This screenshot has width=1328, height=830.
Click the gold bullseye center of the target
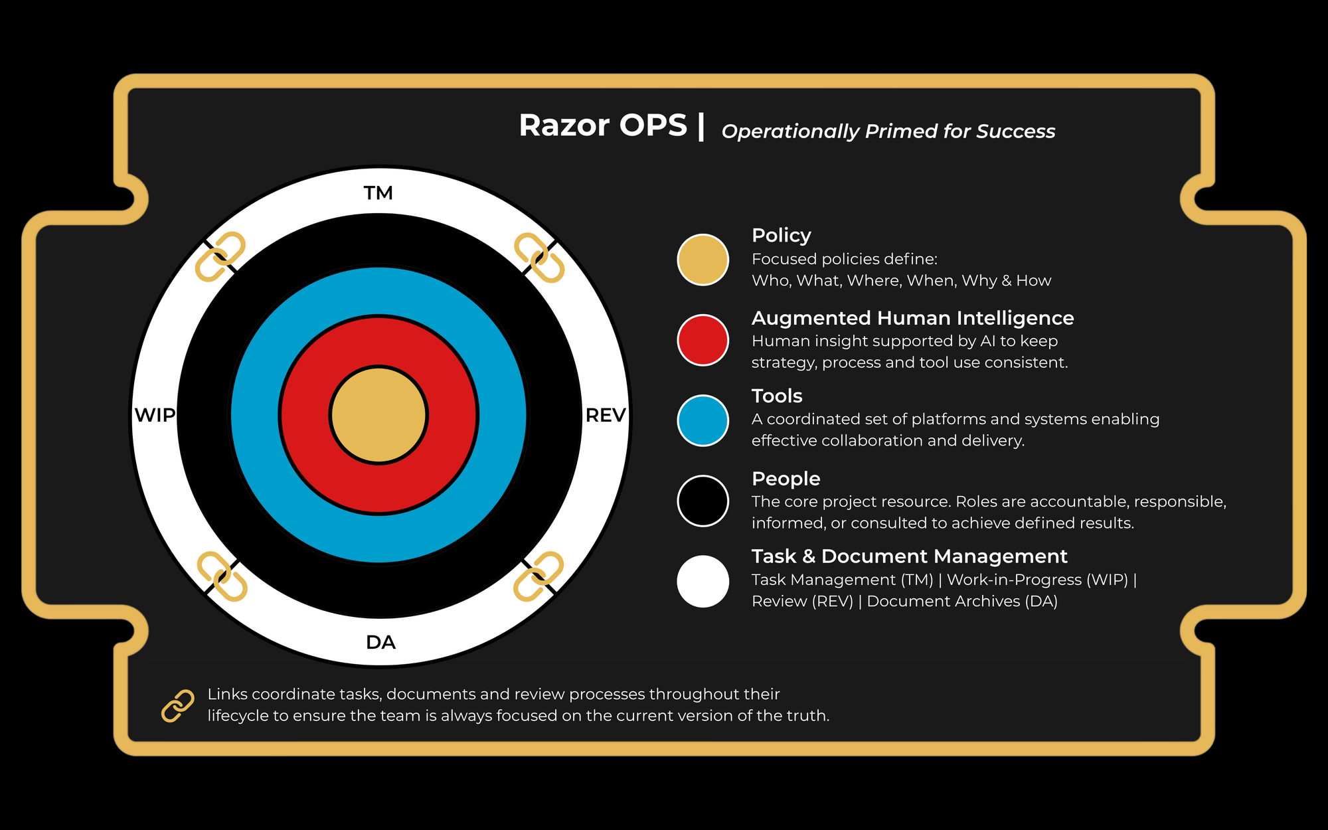[378, 415]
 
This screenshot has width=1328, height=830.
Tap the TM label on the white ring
[378, 193]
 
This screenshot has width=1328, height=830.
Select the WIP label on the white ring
[155, 415]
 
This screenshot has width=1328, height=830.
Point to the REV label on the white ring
[606, 415]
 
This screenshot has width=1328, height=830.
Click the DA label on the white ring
[380, 642]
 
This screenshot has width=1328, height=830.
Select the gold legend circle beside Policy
[703, 260]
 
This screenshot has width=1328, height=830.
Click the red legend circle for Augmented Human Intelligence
[703, 340]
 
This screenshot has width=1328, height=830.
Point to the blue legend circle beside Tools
[703, 420]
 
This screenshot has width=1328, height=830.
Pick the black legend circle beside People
[703, 501]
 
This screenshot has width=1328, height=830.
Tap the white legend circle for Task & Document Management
[703, 581]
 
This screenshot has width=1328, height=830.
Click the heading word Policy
[781, 236]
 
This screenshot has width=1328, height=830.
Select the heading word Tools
[777, 396]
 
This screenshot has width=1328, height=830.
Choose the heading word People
[786, 479]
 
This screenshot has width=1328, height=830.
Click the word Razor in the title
[564, 125]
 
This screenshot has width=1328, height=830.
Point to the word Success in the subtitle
[1015, 131]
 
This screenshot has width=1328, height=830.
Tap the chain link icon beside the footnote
[178, 705]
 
